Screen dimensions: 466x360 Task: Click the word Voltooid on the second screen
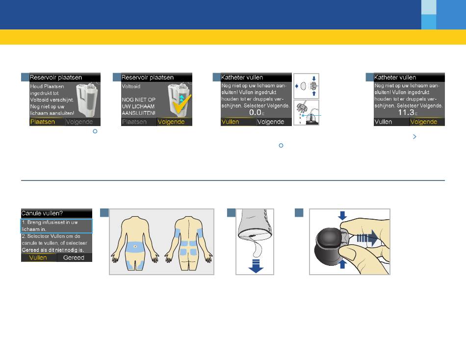(131, 86)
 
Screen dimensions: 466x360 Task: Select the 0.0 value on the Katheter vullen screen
(255, 112)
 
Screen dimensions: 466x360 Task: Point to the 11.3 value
(406, 112)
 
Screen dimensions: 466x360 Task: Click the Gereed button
(74, 257)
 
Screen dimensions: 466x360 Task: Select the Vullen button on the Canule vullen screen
(39, 257)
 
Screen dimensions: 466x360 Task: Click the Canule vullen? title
(42, 213)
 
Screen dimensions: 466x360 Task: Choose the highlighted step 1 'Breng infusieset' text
(50, 226)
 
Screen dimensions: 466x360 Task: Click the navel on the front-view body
(135, 246)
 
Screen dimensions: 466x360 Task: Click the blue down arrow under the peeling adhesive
(256, 266)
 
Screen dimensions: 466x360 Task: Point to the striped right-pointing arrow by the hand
(367, 238)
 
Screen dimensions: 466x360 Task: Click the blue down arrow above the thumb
(342, 216)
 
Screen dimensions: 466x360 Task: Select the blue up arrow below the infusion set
(342, 264)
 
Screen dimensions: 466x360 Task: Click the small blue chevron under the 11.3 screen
(414, 136)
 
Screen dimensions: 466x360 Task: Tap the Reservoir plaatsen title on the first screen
(56, 77)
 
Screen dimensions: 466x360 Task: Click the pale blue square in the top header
(429, 7)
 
